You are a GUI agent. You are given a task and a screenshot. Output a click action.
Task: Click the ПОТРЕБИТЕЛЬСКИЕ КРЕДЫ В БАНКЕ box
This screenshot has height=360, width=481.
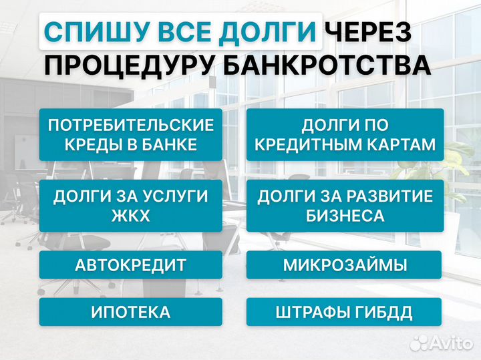coord(131,134)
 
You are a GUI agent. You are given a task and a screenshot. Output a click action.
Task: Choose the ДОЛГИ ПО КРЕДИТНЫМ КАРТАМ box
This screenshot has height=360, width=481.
coord(345,134)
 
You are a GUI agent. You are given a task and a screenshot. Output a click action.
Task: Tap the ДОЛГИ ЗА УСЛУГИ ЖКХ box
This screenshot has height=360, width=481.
coord(131,206)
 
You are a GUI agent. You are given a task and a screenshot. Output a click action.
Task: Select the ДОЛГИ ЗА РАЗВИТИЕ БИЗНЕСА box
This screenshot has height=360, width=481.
coord(345,206)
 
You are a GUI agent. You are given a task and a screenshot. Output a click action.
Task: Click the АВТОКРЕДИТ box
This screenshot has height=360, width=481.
coord(131,264)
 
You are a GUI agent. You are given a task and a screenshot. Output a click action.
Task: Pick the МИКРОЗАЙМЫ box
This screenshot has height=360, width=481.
coord(345,264)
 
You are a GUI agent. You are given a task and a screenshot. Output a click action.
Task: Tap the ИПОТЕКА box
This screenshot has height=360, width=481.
coord(131,312)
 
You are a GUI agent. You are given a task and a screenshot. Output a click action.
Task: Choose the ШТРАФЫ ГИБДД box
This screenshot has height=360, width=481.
coord(345,312)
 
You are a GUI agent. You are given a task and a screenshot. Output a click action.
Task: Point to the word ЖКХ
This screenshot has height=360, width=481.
coord(131,216)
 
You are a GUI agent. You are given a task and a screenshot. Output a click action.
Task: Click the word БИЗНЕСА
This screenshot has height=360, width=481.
coord(345,216)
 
